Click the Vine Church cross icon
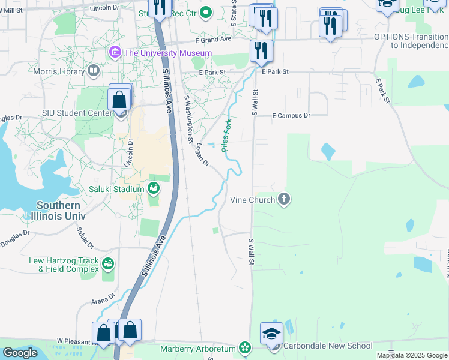(284, 199)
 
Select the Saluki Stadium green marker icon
(154, 189)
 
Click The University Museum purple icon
(115, 53)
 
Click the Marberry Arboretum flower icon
(244, 347)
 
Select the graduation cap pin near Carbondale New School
(271, 334)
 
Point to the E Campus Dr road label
(291, 115)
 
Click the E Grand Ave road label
(213, 39)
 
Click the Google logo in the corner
(20, 352)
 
